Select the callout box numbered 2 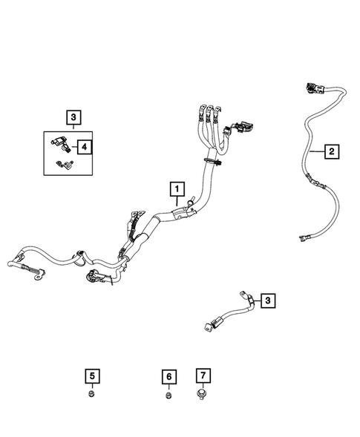coord(332,152)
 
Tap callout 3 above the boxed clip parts coord(72,116)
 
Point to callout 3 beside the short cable coord(268,300)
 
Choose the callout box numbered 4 coord(86,147)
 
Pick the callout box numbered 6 coord(168,377)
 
